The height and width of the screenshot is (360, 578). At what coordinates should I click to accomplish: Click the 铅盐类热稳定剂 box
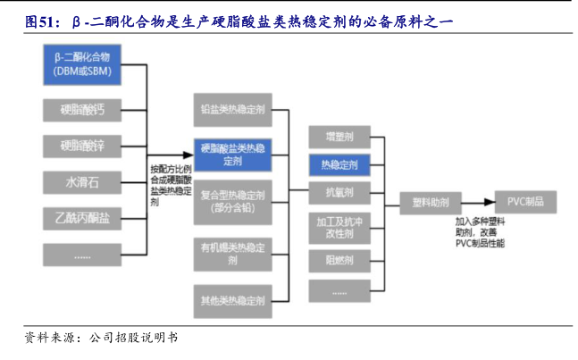[x=232, y=110]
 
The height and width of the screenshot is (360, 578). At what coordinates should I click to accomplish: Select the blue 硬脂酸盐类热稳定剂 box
[x=232, y=155]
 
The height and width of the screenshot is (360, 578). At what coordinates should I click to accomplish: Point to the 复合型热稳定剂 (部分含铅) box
[x=232, y=201]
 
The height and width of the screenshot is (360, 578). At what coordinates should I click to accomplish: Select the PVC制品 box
[x=525, y=201]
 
